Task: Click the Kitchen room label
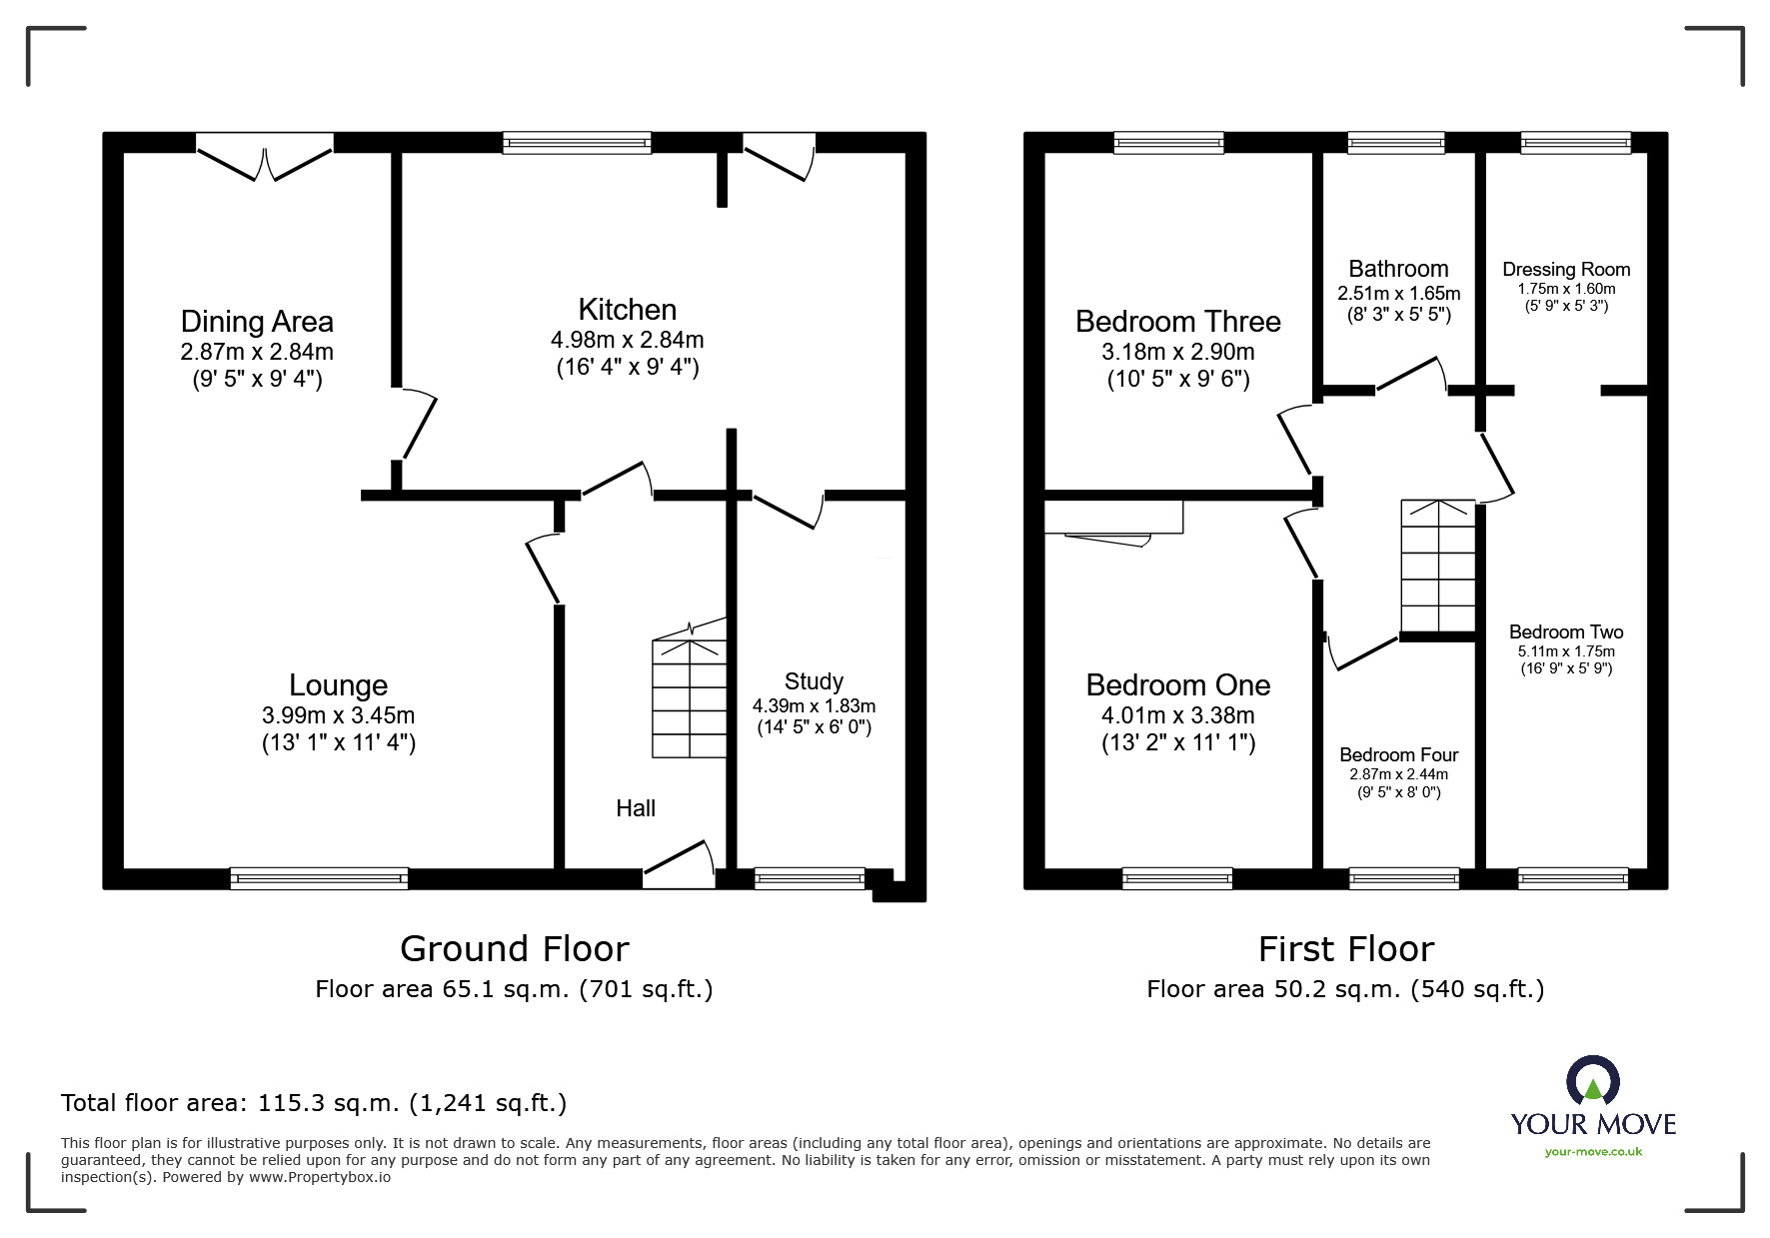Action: pyautogui.click(x=627, y=310)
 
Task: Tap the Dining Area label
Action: pyautogui.click(x=257, y=322)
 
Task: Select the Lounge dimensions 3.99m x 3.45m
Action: pyautogui.click(x=338, y=715)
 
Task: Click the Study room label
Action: pyautogui.click(x=814, y=681)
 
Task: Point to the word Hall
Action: pyautogui.click(x=636, y=808)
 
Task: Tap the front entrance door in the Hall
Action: pyautogui.click(x=679, y=865)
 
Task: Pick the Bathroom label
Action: pyautogui.click(x=1398, y=269)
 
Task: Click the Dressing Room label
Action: pyautogui.click(x=1566, y=270)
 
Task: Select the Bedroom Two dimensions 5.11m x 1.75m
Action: pyautogui.click(x=1566, y=651)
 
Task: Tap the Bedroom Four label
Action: pyautogui.click(x=1398, y=755)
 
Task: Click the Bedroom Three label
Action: pyautogui.click(x=1177, y=322)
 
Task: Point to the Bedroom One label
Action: pyautogui.click(x=1177, y=685)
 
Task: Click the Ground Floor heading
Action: pyautogui.click(x=514, y=948)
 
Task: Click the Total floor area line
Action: pyautogui.click(x=314, y=1103)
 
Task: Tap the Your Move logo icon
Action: pyautogui.click(x=1592, y=1081)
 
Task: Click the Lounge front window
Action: pyautogui.click(x=319, y=878)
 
